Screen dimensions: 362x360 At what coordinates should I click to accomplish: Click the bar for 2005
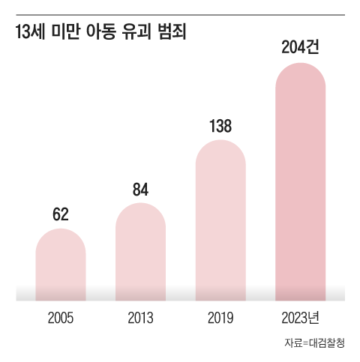tap(61, 266)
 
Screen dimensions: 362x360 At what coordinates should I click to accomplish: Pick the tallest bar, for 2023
tap(300, 187)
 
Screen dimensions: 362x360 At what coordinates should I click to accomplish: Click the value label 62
tap(61, 214)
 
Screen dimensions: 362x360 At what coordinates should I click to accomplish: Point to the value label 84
tap(140, 189)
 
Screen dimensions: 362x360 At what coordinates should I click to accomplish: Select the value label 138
tap(220, 126)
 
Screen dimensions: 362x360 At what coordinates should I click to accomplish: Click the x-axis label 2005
tap(61, 319)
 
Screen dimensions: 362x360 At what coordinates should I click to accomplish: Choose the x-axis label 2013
tap(140, 319)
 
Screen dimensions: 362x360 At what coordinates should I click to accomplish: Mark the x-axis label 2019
tap(220, 319)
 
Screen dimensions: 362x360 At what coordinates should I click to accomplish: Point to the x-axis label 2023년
tap(300, 319)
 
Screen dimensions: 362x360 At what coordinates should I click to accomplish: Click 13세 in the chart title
tap(29, 33)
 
